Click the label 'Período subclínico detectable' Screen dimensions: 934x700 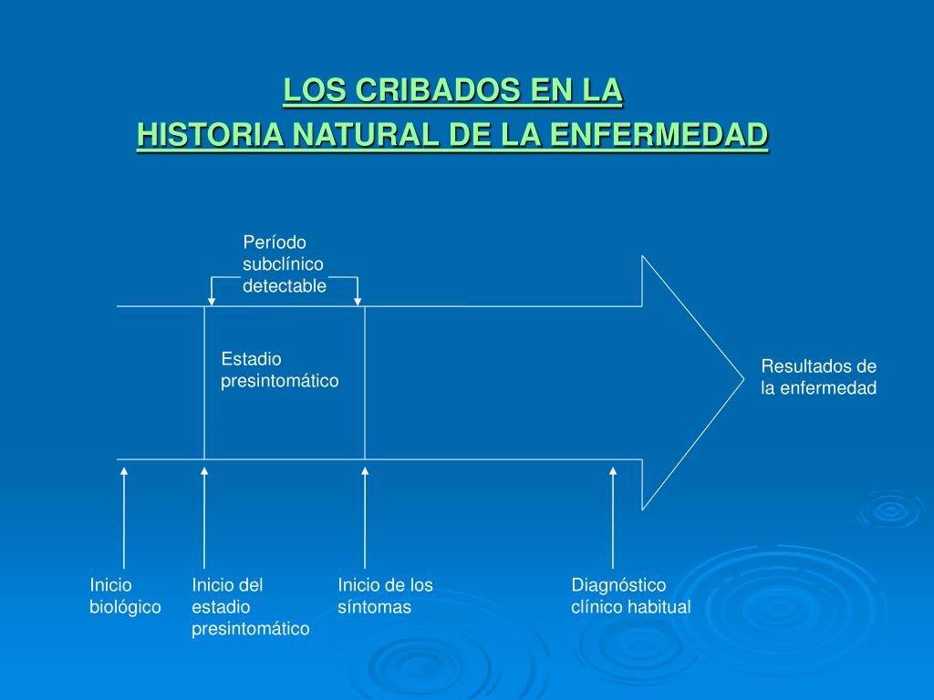(x=284, y=264)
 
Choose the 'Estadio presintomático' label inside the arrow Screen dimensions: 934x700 (x=279, y=370)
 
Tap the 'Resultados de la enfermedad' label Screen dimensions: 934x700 (x=818, y=377)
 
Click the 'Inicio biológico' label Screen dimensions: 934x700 (x=125, y=596)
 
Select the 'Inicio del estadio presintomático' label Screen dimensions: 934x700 (x=250, y=607)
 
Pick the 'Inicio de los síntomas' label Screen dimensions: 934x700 (x=385, y=596)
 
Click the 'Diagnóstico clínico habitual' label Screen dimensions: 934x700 (x=630, y=596)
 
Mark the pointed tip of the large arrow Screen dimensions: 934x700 (x=742, y=382)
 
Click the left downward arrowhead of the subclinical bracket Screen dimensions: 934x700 (x=212, y=299)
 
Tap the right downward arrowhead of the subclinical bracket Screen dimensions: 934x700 (x=358, y=299)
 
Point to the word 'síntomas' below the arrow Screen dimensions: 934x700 (x=374, y=607)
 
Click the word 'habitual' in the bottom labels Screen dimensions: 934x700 (x=659, y=607)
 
